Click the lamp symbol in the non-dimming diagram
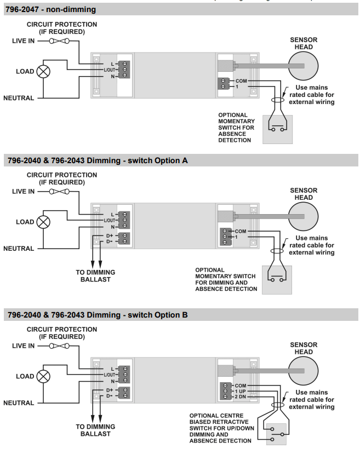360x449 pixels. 43,72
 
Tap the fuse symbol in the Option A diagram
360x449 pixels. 59,192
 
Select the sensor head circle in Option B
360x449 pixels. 303,371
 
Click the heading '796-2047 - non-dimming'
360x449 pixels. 51,9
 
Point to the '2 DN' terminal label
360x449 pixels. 240,397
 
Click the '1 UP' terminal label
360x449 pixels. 240,392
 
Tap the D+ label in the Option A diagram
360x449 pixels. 110,235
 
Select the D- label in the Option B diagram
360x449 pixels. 110,396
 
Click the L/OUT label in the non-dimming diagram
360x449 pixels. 109,70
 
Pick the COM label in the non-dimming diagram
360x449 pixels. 241,81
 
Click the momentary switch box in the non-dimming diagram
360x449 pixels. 277,129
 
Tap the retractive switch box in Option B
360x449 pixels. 276,434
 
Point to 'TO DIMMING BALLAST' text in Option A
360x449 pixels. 95,276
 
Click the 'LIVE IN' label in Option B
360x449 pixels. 23,346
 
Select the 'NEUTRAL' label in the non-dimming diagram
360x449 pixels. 19,98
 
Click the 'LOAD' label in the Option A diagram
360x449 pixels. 25,222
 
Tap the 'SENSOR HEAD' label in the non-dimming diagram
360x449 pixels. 304,43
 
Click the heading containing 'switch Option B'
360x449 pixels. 98,315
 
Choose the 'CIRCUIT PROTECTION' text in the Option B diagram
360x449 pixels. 62,330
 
